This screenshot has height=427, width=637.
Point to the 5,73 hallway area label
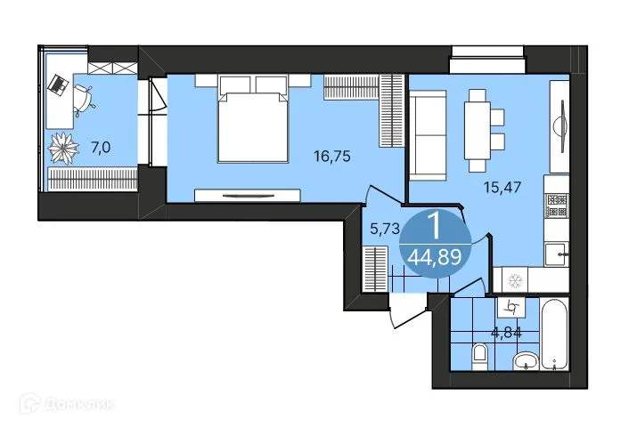click(383, 229)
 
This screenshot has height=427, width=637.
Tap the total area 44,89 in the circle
click(434, 258)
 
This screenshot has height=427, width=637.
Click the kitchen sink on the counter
click(558, 254)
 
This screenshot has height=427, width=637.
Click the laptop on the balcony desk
click(59, 85)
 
